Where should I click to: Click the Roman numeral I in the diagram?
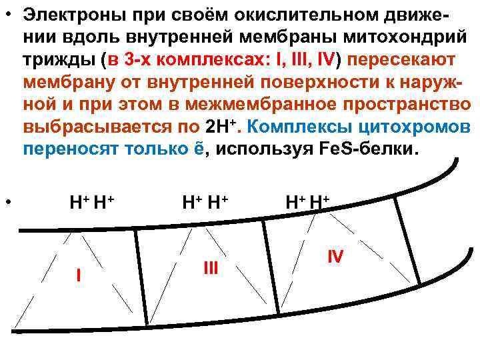[79, 274]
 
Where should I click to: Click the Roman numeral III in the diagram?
[211, 267]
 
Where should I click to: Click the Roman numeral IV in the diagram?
[335, 255]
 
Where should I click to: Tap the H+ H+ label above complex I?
[92, 200]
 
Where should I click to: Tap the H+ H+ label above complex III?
[205, 200]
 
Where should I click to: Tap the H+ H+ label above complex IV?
[308, 200]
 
